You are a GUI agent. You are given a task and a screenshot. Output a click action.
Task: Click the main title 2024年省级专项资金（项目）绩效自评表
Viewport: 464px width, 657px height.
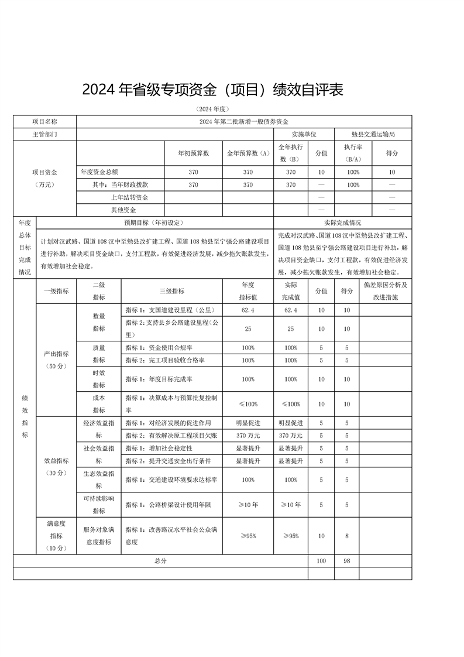pyautogui.click(x=211, y=90)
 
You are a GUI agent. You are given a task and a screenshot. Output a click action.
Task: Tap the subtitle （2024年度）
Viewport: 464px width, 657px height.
pyautogui.click(x=212, y=109)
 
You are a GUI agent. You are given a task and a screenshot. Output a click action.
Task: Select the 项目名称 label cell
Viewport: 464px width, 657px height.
pyautogui.click(x=44, y=122)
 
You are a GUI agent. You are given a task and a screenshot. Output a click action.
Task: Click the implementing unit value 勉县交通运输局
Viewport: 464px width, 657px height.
pyautogui.click(x=373, y=134)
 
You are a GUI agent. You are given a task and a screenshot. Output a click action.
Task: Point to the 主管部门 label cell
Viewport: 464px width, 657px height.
pyautogui.click(x=44, y=134)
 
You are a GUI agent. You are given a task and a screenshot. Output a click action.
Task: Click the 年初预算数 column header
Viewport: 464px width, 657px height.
pyautogui.click(x=193, y=153)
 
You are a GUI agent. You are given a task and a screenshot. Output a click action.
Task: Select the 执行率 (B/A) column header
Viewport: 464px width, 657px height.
pyautogui.click(x=353, y=153)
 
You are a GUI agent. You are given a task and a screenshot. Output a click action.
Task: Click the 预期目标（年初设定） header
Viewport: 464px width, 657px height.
pyautogui.click(x=154, y=223)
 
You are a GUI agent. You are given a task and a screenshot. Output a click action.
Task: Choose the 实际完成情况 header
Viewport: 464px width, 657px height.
pyautogui.click(x=342, y=223)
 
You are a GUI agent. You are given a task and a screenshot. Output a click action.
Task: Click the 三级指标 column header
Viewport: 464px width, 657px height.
pyautogui.click(x=171, y=291)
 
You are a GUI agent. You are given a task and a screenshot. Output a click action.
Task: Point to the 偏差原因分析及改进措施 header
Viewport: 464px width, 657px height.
pyautogui.click(x=385, y=291)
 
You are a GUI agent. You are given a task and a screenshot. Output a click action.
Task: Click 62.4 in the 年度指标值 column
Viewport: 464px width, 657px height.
pyautogui.click(x=248, y=310)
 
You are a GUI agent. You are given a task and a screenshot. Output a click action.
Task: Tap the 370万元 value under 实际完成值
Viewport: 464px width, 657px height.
pyautogui.click(x=291, y=435)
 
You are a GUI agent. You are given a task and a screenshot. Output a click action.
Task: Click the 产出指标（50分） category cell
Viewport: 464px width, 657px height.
pyautogui.click(x=56, y=360)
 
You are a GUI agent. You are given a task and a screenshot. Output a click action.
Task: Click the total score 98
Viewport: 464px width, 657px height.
pyautogui.click(x=347, y=561)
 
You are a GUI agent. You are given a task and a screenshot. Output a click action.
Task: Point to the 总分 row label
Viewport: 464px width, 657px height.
pyautogui.click(x=161, y=561)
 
